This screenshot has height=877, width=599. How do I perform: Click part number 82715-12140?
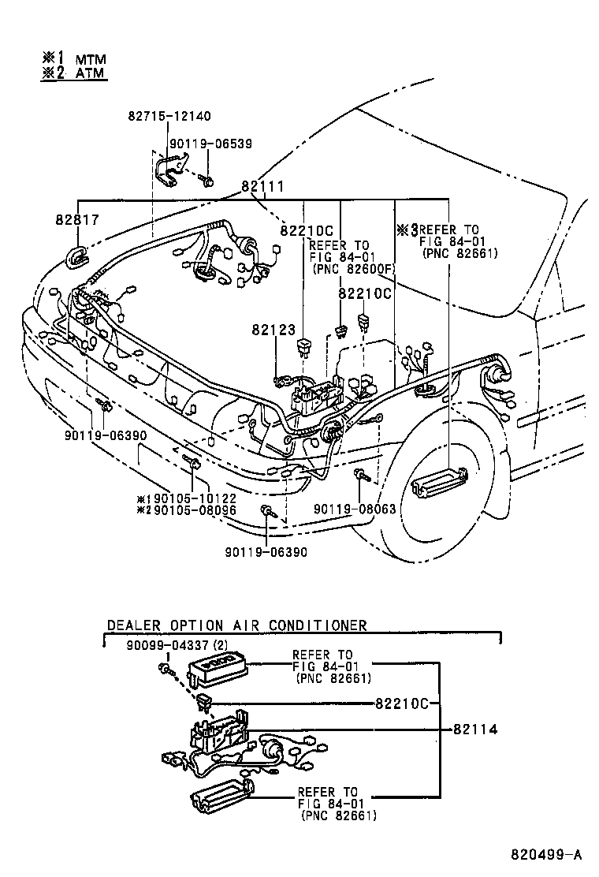pyautogui.click(x=169, y=116)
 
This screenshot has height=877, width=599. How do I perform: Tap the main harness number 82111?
pyautogui.click(x=262, y=187)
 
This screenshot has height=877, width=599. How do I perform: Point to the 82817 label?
pyautogui.click(x=77, y=221)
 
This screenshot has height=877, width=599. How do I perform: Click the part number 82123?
pyautogui.click(x=273, y=328)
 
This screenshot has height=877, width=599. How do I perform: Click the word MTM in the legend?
pyautogui.click(x=91, y=59)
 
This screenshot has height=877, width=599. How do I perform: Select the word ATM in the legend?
pyautogui.click(x=91, y=74)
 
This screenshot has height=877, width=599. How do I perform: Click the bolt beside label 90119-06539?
pyautogui.click(x=207, y=181)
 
